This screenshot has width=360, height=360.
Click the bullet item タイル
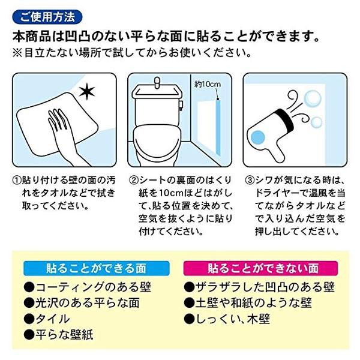pyautogui.click(x=47, y=319)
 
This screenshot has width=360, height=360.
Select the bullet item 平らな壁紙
pyautogui.click(x=59, y=335)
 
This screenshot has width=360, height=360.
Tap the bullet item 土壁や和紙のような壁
pyautogui.click(x=253, y=302)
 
